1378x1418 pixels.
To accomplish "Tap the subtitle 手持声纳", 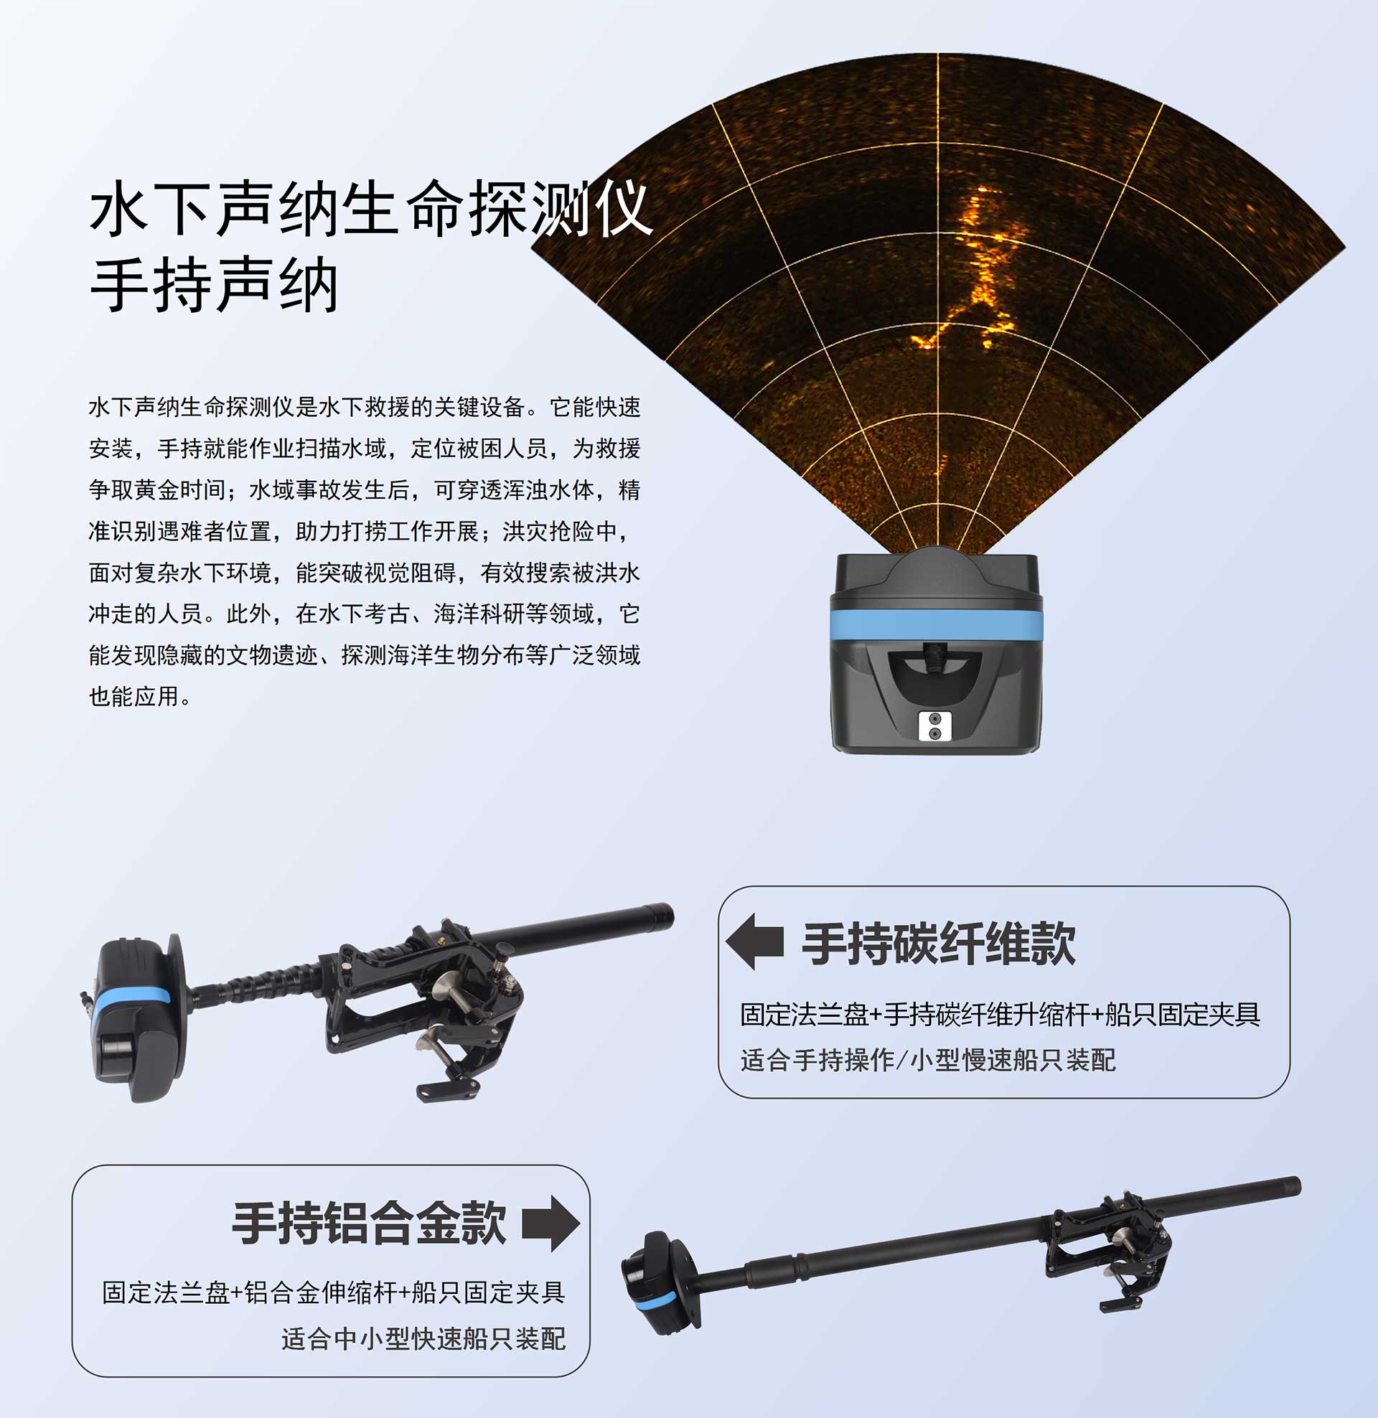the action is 214,285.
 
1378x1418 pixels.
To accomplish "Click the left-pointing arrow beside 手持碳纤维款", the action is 755,942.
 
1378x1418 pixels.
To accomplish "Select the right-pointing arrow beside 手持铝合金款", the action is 550,1223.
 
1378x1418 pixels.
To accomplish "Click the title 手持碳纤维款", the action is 939,944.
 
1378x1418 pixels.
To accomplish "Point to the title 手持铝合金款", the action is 369,1224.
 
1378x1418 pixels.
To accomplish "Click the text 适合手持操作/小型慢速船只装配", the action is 928,1060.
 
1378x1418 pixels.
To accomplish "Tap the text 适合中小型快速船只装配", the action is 423,1338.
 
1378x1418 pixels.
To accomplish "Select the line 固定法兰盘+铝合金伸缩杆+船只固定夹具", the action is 334,1292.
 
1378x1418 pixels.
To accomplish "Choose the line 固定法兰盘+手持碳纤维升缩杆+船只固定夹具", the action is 1000,1014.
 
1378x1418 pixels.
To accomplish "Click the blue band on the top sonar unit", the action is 936,624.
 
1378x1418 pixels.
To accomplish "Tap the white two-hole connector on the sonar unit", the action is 934,726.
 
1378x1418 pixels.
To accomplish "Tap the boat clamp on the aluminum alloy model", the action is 1107,1252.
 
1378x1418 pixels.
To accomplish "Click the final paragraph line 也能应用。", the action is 141,696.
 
